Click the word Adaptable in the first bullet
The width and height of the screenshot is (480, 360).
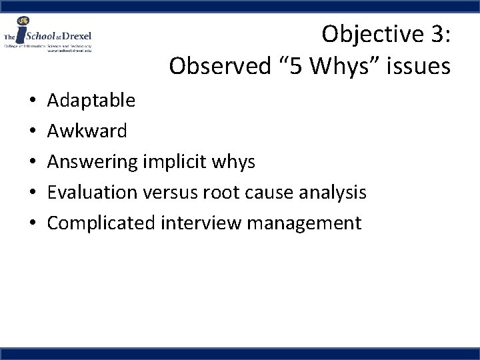[x=91, y=101]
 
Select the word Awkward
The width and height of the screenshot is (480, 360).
[x=87, y=131]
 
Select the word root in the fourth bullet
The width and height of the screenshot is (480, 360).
[x=222, y=193]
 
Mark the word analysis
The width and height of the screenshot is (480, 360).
[x=333, y=193]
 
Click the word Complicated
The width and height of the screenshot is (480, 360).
[x=101, y=223]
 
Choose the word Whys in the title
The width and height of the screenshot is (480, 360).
[x=331, y=66]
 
